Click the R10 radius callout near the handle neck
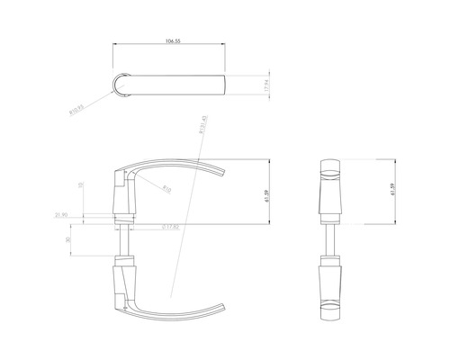click(166, 189)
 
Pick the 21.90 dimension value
click(61, 215)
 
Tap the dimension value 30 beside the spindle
click(68, 240)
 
